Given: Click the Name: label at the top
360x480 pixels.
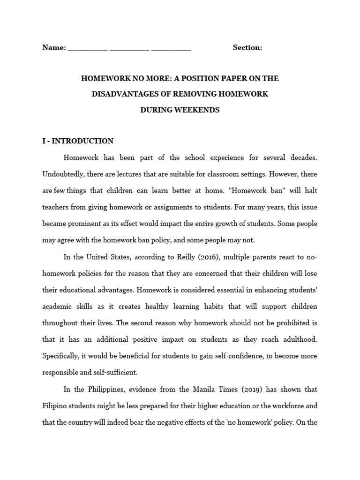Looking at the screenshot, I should (54, 47).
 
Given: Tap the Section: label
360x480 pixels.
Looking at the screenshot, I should (247, 47).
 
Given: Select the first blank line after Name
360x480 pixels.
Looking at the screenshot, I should (88, 49).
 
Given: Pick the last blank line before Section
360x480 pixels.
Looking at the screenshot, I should (171, 49).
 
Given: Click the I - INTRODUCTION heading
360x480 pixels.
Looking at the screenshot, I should (78, 141).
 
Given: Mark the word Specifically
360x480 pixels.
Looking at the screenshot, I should (60, 356).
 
